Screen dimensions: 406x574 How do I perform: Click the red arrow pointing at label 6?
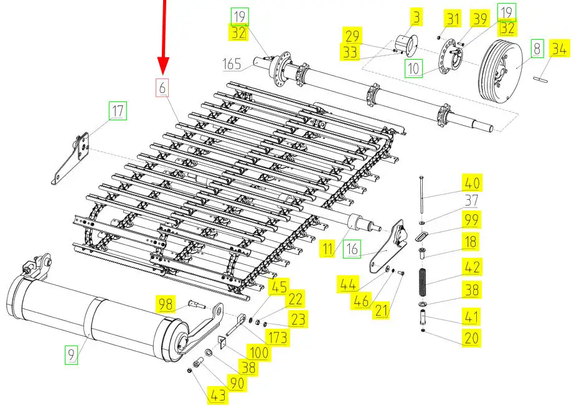click(164, 37)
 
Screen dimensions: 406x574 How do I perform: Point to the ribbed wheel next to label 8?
click(501, 70)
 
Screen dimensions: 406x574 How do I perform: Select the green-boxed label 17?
click(117, 111)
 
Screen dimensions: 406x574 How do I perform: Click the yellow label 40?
click(472, 183)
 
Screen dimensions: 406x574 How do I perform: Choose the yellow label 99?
click(471, 219)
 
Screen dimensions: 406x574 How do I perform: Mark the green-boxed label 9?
click(72, 356)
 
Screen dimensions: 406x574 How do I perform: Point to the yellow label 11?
click(328, 250)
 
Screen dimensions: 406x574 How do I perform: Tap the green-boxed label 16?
click(352, 250)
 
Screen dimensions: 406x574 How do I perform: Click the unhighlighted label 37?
click(471, 201)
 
